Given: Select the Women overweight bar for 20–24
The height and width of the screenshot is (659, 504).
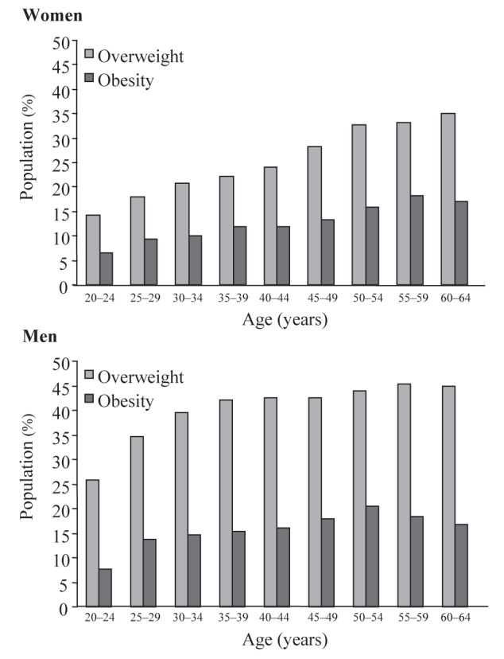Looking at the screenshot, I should pyautogui.click(x=92, y=250).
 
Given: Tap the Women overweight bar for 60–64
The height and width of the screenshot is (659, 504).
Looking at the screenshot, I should pyautogui.click(x=448, y=199).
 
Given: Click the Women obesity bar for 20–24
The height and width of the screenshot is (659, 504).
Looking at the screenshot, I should pyautogui.click(x=107, y=269).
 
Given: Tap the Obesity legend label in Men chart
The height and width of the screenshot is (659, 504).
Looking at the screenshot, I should pyautogui.click(x=126, y=401).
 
